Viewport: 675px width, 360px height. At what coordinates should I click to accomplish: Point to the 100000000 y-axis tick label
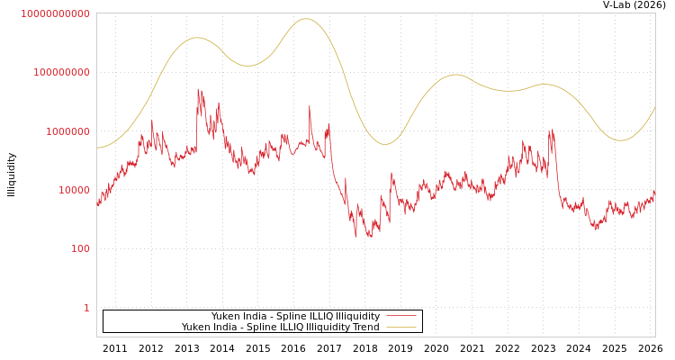61,72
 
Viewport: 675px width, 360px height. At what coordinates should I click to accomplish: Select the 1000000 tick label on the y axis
67,131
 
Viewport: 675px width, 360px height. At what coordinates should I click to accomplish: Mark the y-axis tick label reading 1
86,308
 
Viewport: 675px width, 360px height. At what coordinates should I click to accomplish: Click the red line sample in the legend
400,316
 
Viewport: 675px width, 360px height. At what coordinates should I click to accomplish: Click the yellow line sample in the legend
400,327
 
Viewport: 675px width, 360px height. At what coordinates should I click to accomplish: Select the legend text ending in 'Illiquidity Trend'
280,327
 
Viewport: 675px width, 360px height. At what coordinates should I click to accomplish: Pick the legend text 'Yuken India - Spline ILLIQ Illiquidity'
295,316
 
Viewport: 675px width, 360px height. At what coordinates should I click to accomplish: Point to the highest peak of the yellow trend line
306,19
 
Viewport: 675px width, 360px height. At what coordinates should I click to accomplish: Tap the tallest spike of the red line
199,88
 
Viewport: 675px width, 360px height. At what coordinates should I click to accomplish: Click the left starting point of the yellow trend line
97,148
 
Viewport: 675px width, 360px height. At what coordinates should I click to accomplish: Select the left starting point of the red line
97,203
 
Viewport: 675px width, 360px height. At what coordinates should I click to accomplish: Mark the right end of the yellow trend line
655,106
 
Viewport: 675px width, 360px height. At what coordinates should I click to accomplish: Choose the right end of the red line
655,191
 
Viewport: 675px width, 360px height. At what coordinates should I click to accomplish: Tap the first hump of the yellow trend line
196,38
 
